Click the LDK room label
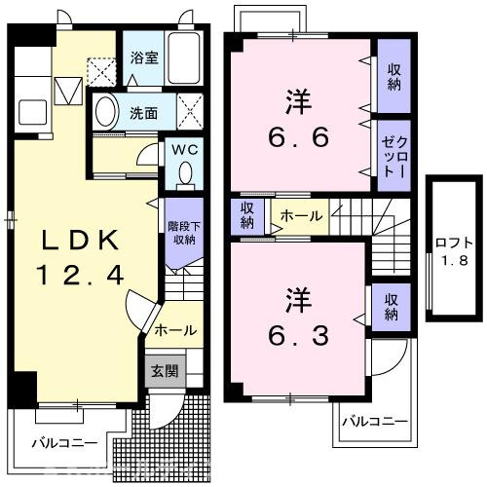80,240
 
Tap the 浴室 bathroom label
144,57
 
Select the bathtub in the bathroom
183,58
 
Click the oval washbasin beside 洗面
106,111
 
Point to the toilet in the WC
185,174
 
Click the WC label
184,150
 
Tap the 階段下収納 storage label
184,233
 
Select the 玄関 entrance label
166,371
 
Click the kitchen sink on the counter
32,112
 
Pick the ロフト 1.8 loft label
454,251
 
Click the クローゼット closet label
394,157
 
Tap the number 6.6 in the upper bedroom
298,136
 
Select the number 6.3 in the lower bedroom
298,336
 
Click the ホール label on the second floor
301,215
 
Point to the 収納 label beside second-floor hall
247,215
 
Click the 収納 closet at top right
394,76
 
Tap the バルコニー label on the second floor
375,422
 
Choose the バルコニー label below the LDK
64,443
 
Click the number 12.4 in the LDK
81,276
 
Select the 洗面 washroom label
143,113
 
